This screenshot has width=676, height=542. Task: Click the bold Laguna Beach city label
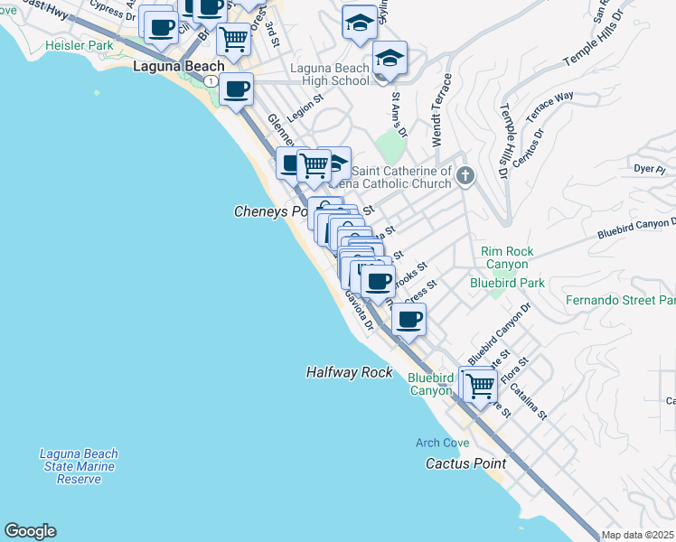click(172, 67)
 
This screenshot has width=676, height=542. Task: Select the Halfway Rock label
click(349, 372)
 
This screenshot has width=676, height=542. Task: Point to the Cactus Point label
click(465, 463)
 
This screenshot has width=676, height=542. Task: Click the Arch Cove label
click(442, 443)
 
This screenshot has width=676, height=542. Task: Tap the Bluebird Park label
click(507, 283)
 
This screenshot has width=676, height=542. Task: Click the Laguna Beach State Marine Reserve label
click(80, 466)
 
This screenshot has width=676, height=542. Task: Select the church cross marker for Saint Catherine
click(465, 175)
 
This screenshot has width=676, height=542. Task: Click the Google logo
click(30, 531)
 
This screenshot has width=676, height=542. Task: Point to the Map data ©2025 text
click(637, 535)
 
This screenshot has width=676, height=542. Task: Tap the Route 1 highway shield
click(210, 81)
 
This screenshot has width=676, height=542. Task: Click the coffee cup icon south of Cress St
click(409, 319)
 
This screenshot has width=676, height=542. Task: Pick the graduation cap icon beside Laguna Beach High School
click(390, 59)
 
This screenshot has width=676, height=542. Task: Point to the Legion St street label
click(305, 111)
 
